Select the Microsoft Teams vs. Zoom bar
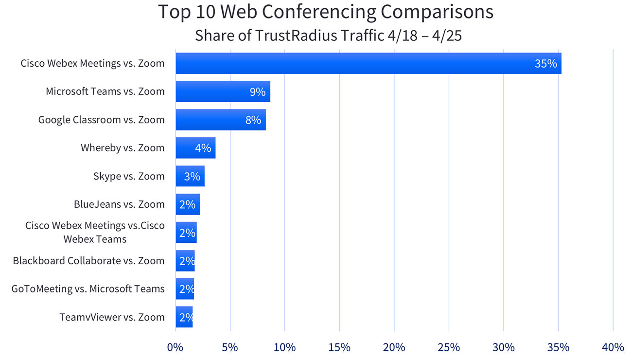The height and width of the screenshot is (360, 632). pyautogui.click(x=223, y=91)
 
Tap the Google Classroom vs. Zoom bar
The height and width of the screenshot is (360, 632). pyautogui.click(x=220, y=120)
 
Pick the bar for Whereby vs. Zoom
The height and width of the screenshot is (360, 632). pyautogui.click(x=195, y=148)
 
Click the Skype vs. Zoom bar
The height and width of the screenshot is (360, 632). pyautogui.click(x=190, y=176)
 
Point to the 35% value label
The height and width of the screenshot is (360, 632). pyautogui.click(x=545, y=63)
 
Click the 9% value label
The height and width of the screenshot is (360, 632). pyautogui.click(x=257, y=91)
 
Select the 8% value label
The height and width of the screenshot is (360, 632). pyautogui.click(x=253, y=120)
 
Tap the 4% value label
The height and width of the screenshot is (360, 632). pyautogui.click(x=203, y=148)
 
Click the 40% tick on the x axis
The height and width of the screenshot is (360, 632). pyautogui.click(x=613, y=347)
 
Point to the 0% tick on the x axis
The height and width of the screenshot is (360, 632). pyautogui.click(x=175, y=347)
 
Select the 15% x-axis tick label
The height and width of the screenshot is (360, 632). pyautogui.click(x=339, y=347)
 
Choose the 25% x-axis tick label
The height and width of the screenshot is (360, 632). pyautogui.click(x=449, y=347)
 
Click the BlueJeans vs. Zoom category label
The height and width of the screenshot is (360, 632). pyautogui.click(x=119, y=204)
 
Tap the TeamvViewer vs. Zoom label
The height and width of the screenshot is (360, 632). pyautogui.click(x=112, y=317)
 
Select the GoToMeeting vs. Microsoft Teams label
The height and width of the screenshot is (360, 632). pyautogui.click(x=88, y=289)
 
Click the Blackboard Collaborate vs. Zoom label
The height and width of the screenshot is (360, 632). pyautogui.click(x=88, y=261)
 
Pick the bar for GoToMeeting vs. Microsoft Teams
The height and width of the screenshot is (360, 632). pyautogui.click(x=185, y=289)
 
